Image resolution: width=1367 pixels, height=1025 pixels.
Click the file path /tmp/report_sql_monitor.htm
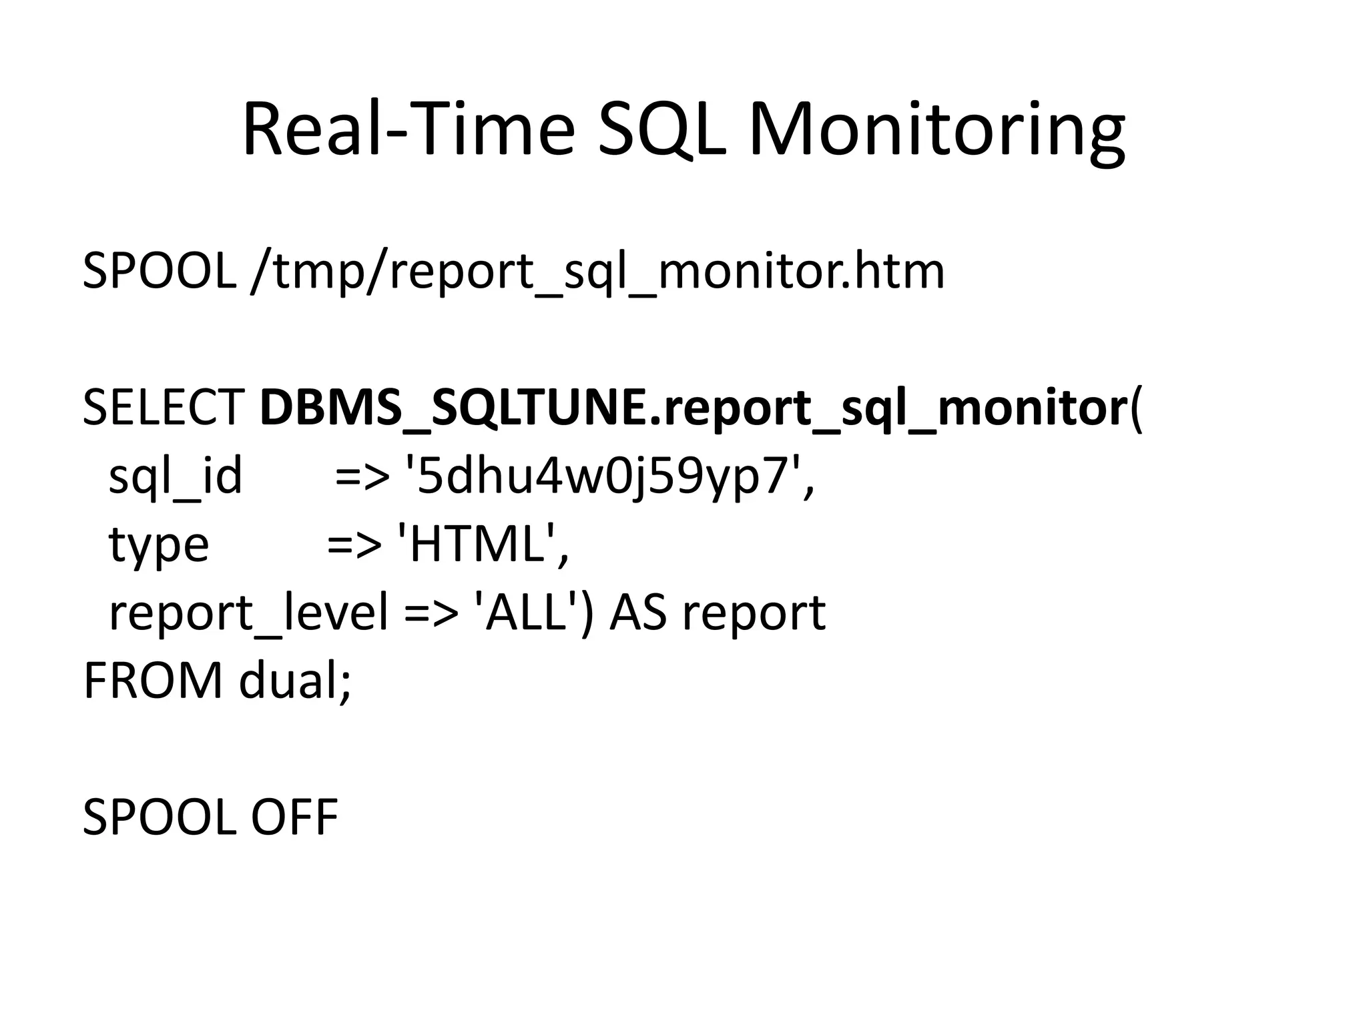(x=597, y=272)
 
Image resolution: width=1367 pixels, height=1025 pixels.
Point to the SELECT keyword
(x=164, y=408)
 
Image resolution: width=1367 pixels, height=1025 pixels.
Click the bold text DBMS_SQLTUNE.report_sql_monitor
(x=693, y=409)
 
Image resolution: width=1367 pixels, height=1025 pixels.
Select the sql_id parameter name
(x=176, y=477)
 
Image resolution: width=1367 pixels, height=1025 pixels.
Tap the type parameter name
(x=159, y=546)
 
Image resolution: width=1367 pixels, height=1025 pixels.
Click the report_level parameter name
(x=248, y=613)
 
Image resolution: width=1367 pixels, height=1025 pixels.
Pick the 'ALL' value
(x=526, y=612)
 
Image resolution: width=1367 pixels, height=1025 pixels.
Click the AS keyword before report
(x=638, y=612)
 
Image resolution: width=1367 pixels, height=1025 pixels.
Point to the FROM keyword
(x=153, y=681)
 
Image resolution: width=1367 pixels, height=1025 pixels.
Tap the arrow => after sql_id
(x=362, y=478)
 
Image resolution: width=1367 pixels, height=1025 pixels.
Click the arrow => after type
(x=354, y=546)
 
